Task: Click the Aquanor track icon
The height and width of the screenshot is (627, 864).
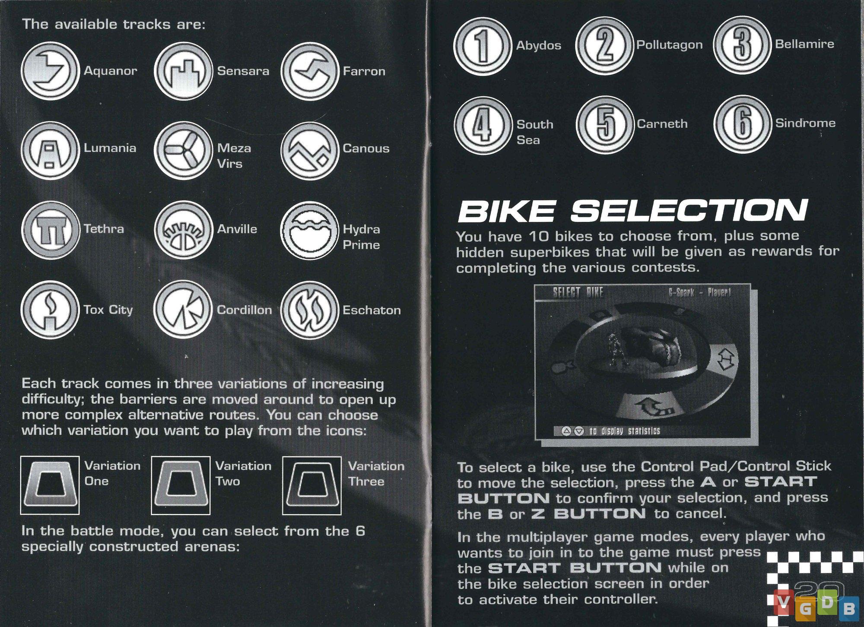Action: [51, 70]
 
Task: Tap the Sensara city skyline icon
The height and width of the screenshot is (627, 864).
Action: [184, 70]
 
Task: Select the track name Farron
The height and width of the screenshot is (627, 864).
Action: [364, 71]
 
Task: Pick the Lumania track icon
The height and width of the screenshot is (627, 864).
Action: [51, 151]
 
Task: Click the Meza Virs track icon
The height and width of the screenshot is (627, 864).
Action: [184, 151]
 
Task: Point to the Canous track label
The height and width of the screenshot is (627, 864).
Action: [366, 148]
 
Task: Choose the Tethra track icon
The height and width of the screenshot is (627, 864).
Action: [51, 230]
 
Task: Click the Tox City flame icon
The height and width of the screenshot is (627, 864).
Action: [51, 310]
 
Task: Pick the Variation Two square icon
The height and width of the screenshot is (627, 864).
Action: [181, 485]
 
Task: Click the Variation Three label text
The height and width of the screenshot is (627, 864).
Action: [376, 474]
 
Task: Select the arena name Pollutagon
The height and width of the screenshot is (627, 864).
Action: [669, 45]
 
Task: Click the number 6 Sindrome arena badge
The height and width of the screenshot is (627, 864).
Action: [742, 124]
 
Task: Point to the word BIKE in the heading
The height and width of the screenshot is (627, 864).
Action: [506, 211]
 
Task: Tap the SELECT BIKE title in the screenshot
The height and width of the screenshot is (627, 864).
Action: [578, 293]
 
